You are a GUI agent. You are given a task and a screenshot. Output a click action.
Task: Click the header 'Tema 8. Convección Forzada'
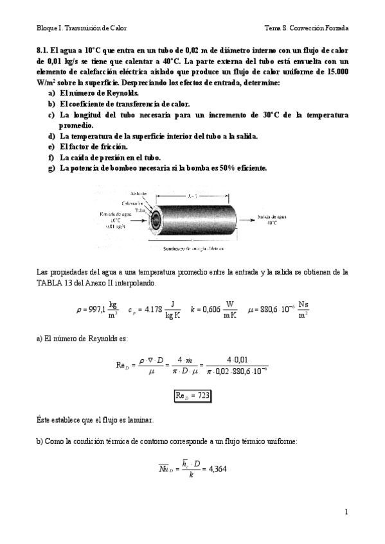[x=306, y=28]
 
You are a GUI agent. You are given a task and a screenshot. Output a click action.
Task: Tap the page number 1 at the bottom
[x=346, y=511]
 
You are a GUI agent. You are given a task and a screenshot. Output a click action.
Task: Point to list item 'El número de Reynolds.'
[x=93, y=93]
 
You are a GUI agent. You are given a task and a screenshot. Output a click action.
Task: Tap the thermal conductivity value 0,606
[x=212, y=309]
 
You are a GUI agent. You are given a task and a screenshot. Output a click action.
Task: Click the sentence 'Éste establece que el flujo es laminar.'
[x=95, y=420]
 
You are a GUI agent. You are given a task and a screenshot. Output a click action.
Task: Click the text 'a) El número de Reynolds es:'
[x=82, y=337]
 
